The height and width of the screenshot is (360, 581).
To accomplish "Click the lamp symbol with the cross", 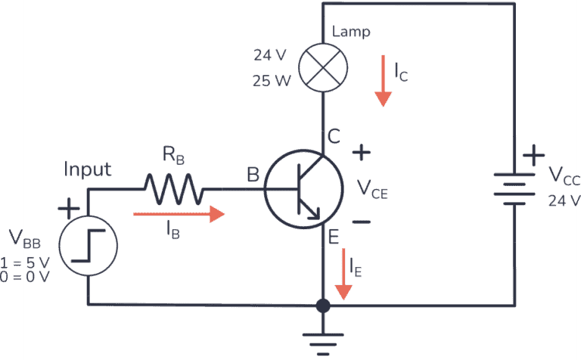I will click(323, 67).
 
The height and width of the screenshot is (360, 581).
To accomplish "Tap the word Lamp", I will click(351, 33).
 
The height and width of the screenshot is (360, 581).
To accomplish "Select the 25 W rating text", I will click(272, 80).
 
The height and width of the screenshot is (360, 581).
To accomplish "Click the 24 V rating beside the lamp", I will click(271, 55).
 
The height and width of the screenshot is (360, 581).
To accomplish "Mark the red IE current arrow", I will click(344, 273).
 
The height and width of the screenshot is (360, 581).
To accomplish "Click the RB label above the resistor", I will click(173, 157).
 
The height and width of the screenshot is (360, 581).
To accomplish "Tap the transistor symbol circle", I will click(301, 188).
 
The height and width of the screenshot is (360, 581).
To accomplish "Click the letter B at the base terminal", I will click(252, 175).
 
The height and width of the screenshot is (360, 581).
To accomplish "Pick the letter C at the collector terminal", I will click(334, 136).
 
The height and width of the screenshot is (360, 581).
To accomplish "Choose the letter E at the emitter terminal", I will click(332, 237).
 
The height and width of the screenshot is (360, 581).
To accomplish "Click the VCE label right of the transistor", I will click(372, 189).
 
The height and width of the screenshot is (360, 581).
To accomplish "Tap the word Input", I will click(88, 169).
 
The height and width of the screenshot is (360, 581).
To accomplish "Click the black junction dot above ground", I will click(323, 306).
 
